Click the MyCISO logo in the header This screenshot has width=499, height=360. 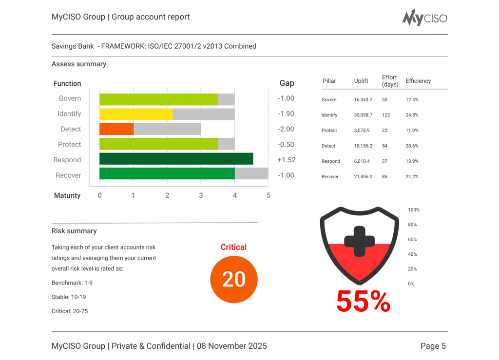point(424,18)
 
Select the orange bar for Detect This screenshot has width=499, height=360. point(116,129)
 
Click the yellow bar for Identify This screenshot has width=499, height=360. point(136,114)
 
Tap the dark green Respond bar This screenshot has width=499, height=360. point(176,159)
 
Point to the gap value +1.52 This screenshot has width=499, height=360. point(286,160)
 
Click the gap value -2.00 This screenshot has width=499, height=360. point(286,129)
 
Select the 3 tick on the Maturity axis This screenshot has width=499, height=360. point(201,195)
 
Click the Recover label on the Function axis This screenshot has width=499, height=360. point(68,175)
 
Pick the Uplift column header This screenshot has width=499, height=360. point(361,81)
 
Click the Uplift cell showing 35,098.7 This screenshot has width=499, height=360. point(363,115)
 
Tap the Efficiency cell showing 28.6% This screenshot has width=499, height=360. point(412,146)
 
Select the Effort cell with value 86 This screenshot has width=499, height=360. point(384,176)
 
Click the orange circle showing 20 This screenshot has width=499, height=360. point(233,280)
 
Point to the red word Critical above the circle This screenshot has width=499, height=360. point(233,247)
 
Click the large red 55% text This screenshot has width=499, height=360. point(363,302)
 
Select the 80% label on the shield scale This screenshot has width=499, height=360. point(412,225)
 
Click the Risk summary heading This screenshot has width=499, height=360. point(74,231)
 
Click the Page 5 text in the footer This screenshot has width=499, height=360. point(433,346)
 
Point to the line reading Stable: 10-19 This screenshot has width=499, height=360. point(69,297)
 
